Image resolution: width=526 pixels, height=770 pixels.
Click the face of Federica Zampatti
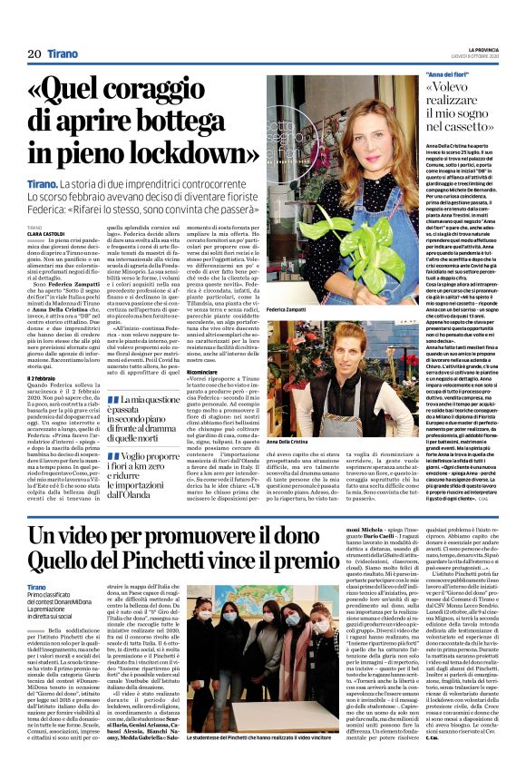click(x=336, y=124)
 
